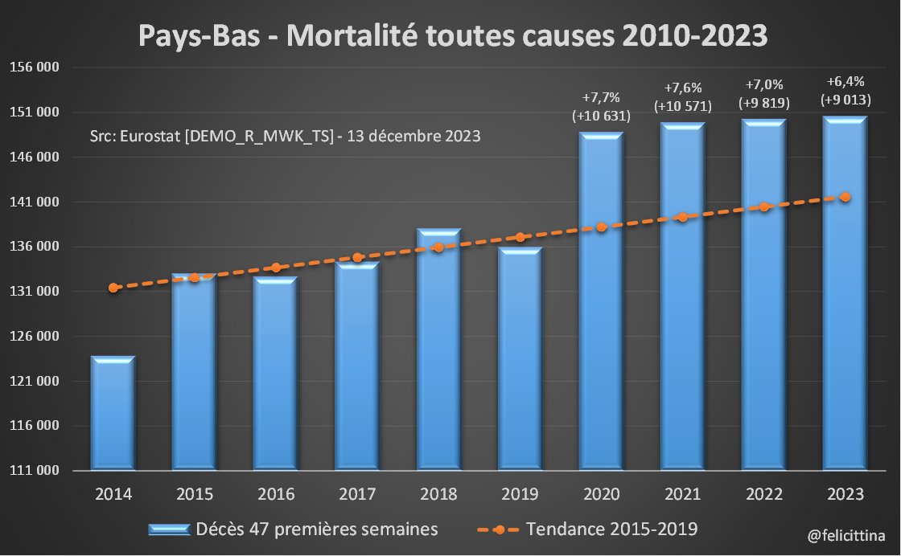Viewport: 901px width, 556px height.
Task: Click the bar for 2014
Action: coord(113,414)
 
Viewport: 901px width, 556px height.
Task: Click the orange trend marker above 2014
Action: coord(113,287)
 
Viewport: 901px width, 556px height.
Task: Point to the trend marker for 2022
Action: coord(763,206)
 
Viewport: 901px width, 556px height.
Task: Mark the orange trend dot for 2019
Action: coord(520,237)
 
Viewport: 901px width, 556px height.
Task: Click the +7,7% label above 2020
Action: coord(601,98)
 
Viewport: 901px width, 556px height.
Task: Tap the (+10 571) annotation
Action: coord(682,105)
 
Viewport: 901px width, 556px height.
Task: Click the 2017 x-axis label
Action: coord(357,494)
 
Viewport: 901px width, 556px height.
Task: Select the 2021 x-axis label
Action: coord(682,494)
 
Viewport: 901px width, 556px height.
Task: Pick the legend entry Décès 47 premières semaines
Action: coord(317,529)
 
